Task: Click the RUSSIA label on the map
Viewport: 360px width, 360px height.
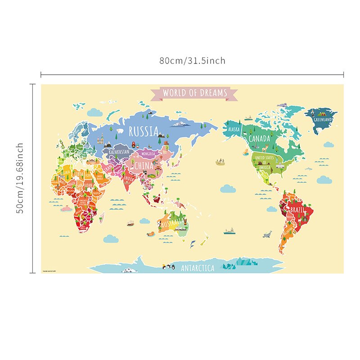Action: tap(144, 132)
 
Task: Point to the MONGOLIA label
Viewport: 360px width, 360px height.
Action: tap(148, 153)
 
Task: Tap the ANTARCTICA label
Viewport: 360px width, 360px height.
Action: tap(198, 269)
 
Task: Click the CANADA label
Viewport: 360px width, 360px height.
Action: tap(259, 138)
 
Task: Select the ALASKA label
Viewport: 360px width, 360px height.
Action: tap(234, 129)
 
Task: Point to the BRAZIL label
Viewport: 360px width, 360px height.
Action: tap(297, 210)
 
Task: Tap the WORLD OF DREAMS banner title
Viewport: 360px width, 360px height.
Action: tap(195, 93)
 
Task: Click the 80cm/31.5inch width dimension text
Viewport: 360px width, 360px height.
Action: tap(192, 61)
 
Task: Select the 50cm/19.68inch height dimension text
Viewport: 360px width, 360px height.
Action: tap(20, 179)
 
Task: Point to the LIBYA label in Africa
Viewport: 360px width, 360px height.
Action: tap(79, 174)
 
